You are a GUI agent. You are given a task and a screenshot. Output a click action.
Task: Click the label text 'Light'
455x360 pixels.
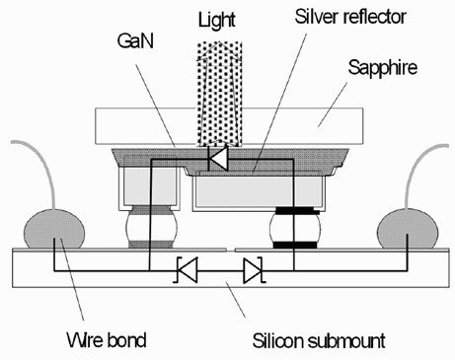pos(217,20)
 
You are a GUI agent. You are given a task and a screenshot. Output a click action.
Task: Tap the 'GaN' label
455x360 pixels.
pos(135,41)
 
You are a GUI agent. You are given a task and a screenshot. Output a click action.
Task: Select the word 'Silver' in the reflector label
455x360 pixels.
pos(314,17)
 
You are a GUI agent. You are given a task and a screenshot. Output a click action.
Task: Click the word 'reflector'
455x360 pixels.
pos(372,17)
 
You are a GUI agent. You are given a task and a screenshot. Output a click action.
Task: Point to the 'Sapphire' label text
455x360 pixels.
pos(383,68)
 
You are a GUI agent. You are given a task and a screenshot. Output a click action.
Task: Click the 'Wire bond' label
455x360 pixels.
pos(107,340)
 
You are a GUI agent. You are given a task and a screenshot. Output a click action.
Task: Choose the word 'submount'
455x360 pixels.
pos(346,341)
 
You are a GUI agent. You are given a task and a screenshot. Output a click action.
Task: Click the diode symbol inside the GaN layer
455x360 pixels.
pos(218,158)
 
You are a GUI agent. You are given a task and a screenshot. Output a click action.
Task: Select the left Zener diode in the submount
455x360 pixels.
pos(187,270)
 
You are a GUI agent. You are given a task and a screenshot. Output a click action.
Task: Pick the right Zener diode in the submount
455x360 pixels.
pos(253,270)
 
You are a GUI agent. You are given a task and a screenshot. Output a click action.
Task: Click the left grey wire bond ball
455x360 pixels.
pos(54,229)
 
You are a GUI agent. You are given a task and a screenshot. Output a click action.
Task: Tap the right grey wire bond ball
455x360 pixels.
pos(408,229)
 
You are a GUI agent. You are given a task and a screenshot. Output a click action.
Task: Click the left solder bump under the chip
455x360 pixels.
pos(151,227)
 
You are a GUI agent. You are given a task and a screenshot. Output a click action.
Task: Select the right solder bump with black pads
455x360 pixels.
pos(295,228)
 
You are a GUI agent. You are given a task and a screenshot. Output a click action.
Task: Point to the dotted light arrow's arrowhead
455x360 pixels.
pos(219,51)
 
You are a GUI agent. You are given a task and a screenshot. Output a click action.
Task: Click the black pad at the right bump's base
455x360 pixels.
pos(295,245)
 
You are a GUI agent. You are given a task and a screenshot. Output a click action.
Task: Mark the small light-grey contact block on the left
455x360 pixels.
pos(150,186)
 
